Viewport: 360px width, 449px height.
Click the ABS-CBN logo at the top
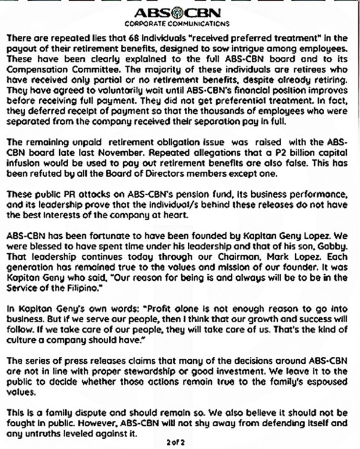[x=180, y=11]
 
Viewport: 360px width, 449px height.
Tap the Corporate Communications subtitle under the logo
[x=180, y=23]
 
